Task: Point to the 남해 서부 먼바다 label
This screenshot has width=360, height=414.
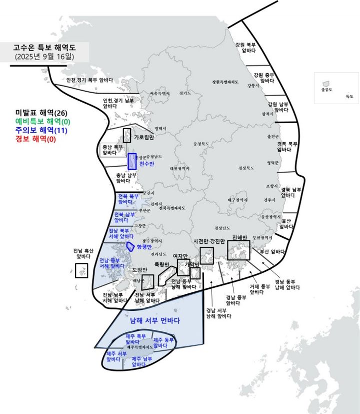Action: click(x=154, y=320)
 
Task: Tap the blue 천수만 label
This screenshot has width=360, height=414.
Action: click(x=147, y=164)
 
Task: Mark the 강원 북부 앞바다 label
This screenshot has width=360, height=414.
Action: click(x=248, y=47)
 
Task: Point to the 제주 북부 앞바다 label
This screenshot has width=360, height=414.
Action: click(x=135, y=339)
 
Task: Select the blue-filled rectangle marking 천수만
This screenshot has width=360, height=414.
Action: click(x=132, y=161)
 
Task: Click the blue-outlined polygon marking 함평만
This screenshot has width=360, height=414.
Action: click(x=130, y=246)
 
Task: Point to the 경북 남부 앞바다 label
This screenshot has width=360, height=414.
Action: click(x=291, y=193)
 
